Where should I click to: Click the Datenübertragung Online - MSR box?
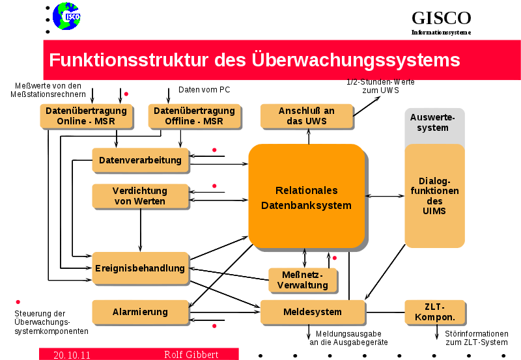[86, 116]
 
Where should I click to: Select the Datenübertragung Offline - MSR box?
[194, 116]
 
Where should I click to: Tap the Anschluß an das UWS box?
[306, 116]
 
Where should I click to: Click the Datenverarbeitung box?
[141, 160]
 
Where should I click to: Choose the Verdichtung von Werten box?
[140, 196]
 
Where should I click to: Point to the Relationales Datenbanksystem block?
[306, 197]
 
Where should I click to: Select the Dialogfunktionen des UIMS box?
[434, 195]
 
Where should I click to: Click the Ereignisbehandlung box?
[140, 268]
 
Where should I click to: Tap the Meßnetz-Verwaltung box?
[303, 280]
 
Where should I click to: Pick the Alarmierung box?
[140, 312]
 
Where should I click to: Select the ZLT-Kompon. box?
[434, 312]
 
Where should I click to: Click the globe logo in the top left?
[66, 16]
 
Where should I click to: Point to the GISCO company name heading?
[441, 18]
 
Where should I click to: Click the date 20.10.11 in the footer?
[72, 355]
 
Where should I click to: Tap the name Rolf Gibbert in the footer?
[191, 355]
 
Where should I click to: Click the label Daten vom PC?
[204, 90]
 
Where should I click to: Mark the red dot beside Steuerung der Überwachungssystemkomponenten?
[18, 301]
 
